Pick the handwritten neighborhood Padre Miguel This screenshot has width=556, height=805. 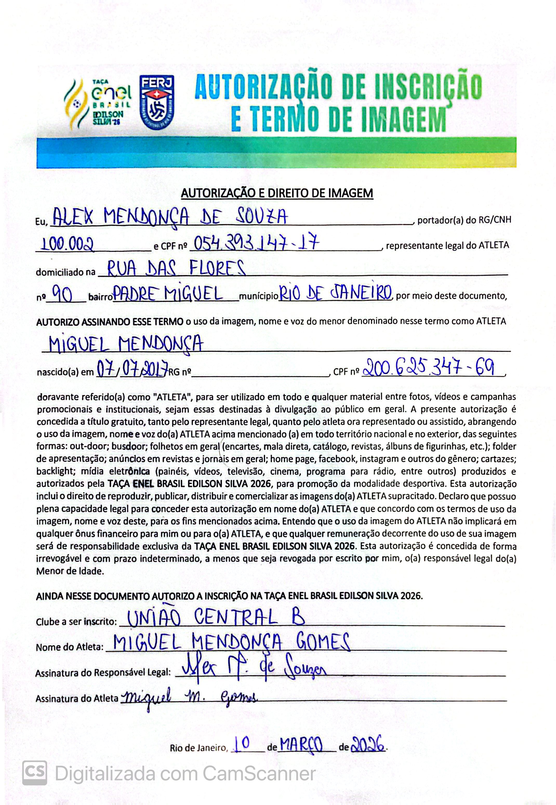coord(169,295)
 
